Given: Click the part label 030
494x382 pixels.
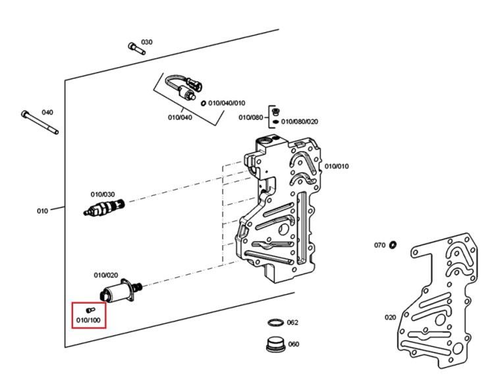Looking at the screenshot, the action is pyautogui.click(x=146, y=42).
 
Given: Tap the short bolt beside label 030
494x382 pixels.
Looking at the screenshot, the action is pyautogui.click(x=137, y=49).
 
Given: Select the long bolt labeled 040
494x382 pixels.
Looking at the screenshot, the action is pyautogui.click(x=40, y=123).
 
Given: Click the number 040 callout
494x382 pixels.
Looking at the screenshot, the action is pyautogui.click(x=47, y=113).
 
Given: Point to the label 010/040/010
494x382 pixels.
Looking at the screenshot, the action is pyautogui.click(x=227, y=103).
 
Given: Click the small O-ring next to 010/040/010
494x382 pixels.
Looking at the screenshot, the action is pyautogui.click(x=204, y=103).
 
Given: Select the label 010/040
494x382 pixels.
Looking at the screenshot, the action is pyautogui.click(x=180, y=117).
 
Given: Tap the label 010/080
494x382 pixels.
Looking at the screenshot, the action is pyautogui.click(x=250, y=117).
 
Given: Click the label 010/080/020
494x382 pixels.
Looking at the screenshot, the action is pyautogui.click(x=299, y=122).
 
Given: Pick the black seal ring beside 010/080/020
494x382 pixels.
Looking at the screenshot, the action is pyautogui.click(x=276, y=122).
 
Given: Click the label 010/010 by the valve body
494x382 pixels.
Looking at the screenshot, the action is pyautogui.click(x=337, y=166).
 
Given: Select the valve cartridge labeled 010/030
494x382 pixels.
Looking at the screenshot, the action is pyautogui.click(x=104, y=207).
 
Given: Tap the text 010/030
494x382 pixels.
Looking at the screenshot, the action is pyautogui.click(x=103, y=194).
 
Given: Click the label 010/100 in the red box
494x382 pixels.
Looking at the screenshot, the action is pyautogui.click(x=88, y=320).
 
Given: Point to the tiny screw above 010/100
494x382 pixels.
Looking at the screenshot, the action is pyautogui.click(x=90, y=310).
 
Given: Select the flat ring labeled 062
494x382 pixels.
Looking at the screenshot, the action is pyautogui.click(x=276, y=323).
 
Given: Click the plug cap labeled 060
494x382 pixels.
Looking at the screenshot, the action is pyautogui.click(x=276, y=344).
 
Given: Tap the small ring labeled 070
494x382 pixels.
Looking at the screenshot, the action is pyautogui.click(x=393, y=245).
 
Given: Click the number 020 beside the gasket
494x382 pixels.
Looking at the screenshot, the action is pyautogui.click(x=390, y=317).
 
